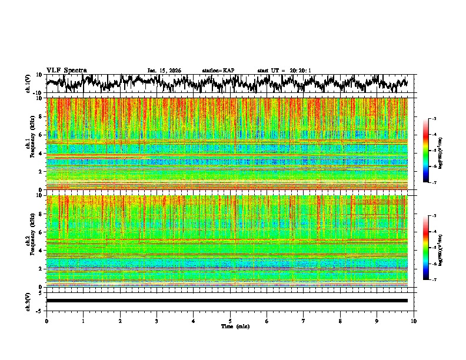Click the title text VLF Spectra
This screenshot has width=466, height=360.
click(66, 70)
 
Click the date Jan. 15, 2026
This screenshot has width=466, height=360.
click(164, 71)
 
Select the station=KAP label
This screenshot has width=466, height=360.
click(218, 71)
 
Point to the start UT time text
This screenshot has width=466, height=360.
click(284, 71)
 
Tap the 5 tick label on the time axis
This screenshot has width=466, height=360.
click(230, 321)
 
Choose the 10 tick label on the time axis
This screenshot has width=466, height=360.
click(414, 321)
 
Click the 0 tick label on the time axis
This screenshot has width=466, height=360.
click(46, 321)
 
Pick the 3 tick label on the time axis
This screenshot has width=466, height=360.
click(157, 321)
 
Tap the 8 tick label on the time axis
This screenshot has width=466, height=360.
click(340, 321)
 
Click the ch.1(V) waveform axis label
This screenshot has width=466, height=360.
click(28, 84)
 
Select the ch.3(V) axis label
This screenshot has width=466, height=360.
click(28, 301)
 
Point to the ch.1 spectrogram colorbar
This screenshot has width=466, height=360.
click(432, 151)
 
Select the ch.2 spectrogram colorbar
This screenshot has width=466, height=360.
click(432, 248)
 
